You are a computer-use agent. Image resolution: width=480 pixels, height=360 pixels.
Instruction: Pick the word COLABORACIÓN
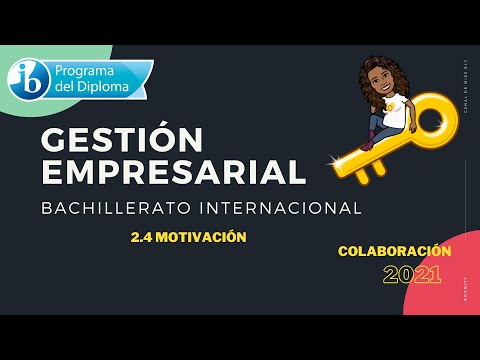(395, 251)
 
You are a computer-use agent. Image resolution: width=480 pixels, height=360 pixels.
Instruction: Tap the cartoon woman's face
(384, 82)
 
